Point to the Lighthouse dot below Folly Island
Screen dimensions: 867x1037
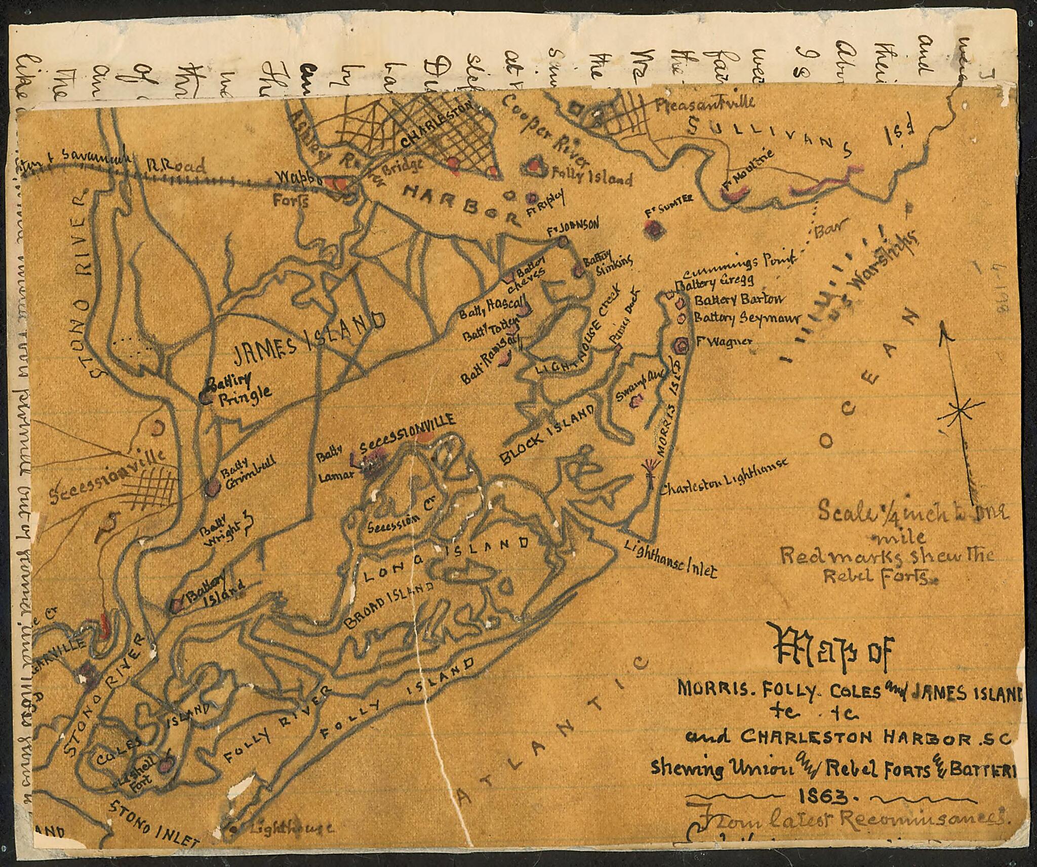tap(234, 830)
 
